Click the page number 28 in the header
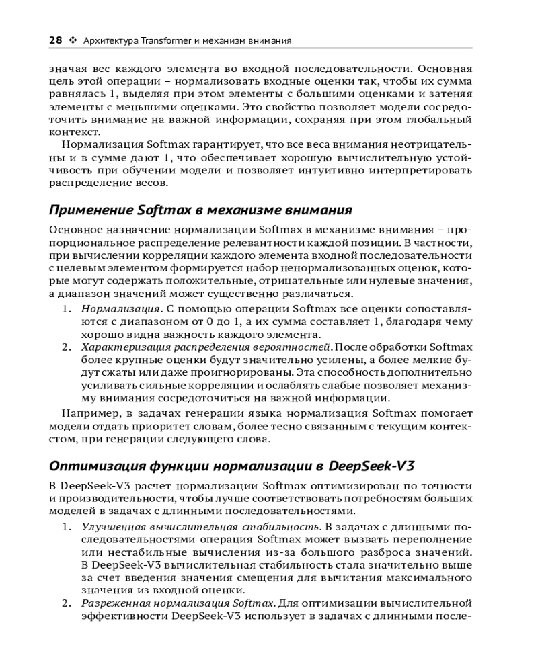click(56, 40)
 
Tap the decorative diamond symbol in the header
click(73, 40)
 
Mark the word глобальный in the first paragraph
click(440, 120)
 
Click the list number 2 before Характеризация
click(67, 347)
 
